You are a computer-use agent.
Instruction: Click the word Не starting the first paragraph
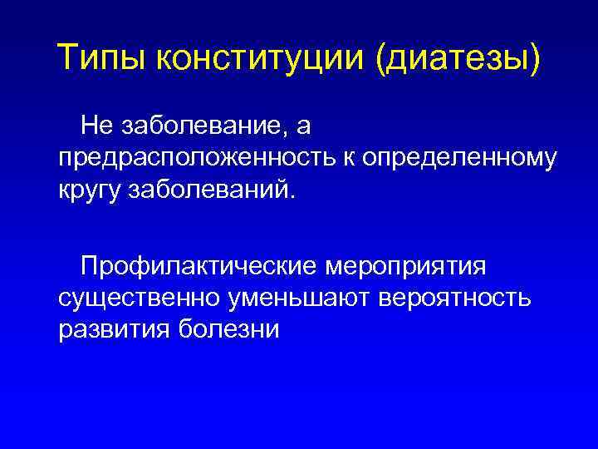tap(97, 126)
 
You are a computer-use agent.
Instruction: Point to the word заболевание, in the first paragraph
tap(199, 126)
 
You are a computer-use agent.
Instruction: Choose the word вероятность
tap(454, 299)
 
